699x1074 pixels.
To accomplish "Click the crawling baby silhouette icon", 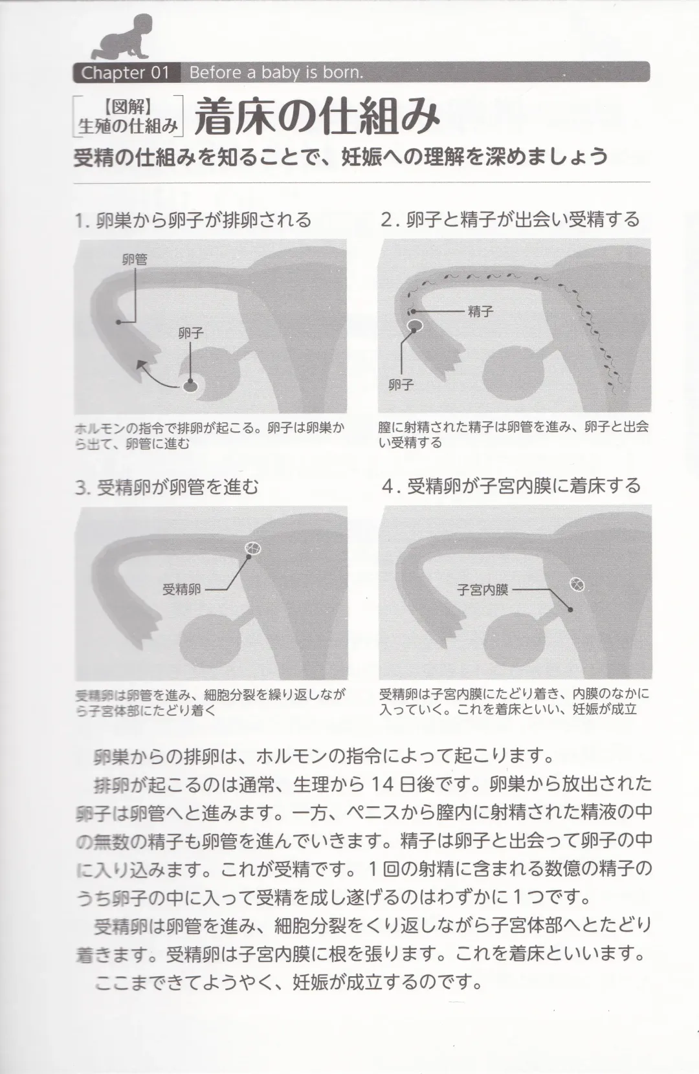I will click(121, 38).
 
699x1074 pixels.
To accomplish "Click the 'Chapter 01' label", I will click(125, 72).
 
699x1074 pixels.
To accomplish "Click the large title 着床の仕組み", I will click(318, 117).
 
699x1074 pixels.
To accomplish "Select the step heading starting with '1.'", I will click(192, 220).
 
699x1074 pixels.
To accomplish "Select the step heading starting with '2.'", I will click(510, 219).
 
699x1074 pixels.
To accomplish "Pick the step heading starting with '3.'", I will click(167, 487).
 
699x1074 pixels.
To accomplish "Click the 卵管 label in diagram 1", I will click(135, 259).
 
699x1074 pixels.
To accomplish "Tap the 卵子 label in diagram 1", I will click(191, 333).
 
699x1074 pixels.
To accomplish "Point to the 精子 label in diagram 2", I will click(480, 312).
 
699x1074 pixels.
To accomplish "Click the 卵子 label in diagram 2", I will click(401, 385).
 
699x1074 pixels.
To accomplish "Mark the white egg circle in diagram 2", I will click(415, 325).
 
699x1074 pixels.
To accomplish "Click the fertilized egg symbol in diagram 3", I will click(253, 549).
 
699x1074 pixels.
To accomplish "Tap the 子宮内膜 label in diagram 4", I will click(483, 589).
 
